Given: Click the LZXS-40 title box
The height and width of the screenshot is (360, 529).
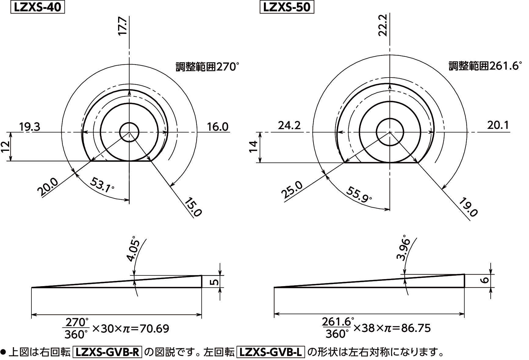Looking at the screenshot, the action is pyautogui.click(x=38, y=7).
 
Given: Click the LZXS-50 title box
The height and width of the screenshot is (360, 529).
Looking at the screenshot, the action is pyautogui.click(x=286, y=7).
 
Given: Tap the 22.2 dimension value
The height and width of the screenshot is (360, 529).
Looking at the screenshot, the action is pyautogui.click(x=383, y=25).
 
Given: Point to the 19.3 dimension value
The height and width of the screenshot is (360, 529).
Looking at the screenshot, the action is pyautogui.click(x=30, y=126).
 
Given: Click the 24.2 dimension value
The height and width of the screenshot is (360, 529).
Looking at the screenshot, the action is pyautogui.click(x=289, y=125).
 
